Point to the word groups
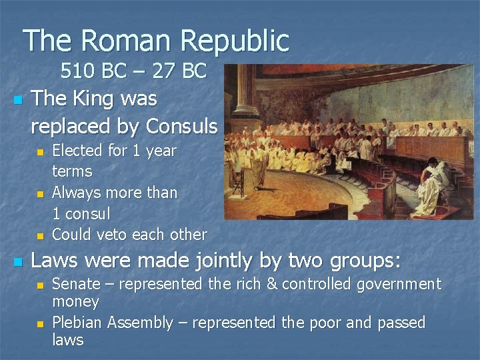click(361, 261)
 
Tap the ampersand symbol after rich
click(273, 285)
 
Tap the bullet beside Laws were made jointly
click(18, 261)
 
